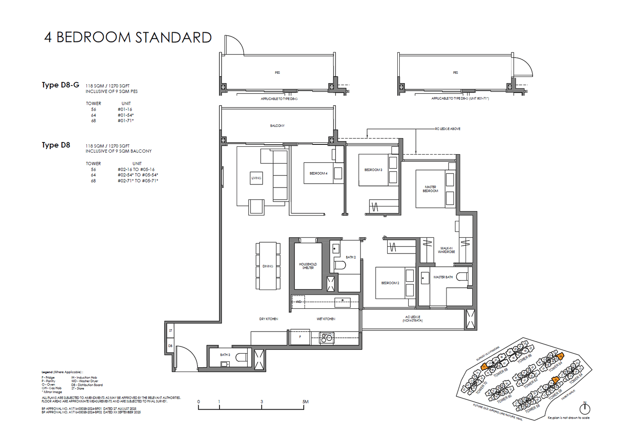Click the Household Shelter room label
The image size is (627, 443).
tap(308, 266)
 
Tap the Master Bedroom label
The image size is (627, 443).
tap(430, 189)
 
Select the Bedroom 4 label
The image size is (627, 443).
tap(318, 173)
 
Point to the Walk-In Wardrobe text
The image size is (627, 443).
tap(446, 250)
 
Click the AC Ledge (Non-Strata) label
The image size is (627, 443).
tap(412, 319)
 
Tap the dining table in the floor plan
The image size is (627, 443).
tap(268, 266)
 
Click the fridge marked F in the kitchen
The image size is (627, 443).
tap(300, 337)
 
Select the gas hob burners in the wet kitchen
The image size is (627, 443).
tap(326, 337)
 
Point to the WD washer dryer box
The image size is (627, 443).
tap(299, 301)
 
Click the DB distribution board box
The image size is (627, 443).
tap(170, 346)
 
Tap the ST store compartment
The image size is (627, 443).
tap(170, 331)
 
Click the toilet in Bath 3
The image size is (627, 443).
tap(241, 357)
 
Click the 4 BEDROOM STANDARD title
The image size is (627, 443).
tap(128, 37)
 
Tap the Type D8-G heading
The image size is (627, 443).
tap(60, 85)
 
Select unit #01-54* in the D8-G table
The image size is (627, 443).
tap(125, 115)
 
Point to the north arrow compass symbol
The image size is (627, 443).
tap(585, 408)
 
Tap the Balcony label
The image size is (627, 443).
tap(277, 126)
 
